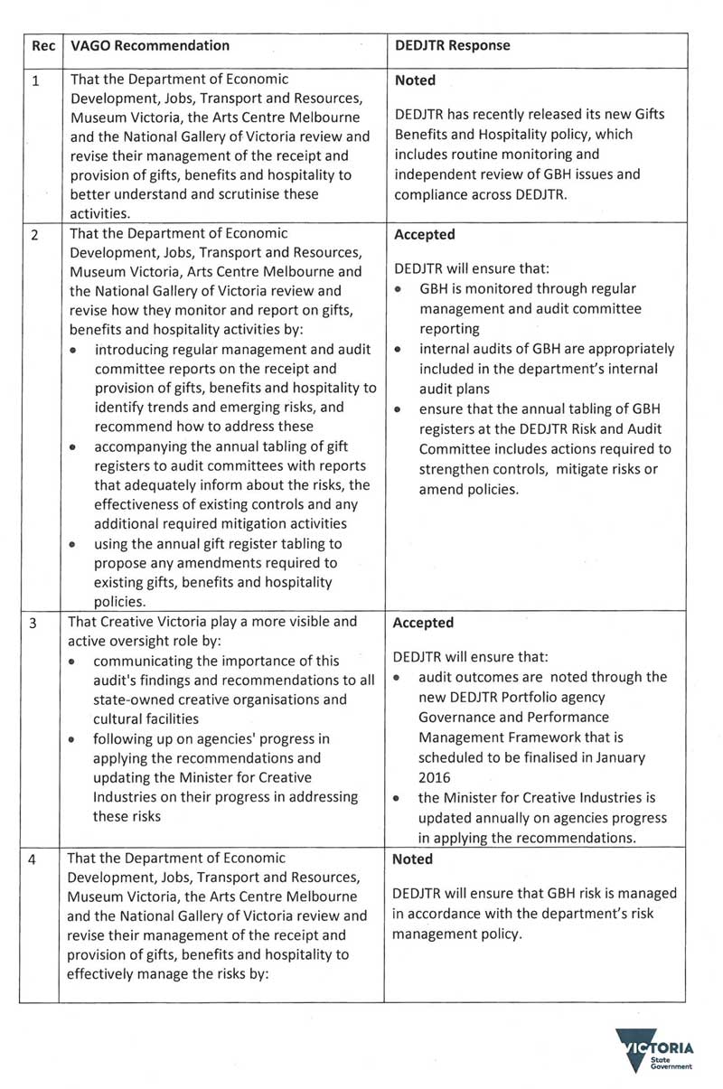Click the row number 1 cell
36,80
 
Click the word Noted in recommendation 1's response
415,80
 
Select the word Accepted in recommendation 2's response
425,234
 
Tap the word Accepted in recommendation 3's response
425,623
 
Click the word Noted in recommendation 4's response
414,859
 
